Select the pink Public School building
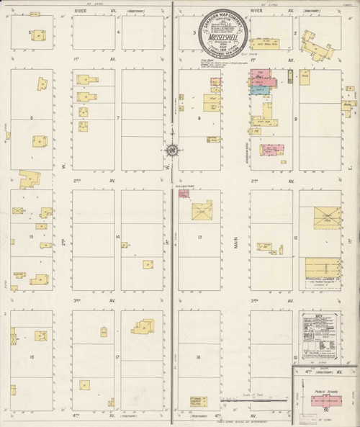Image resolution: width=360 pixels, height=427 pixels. tap(325, 398)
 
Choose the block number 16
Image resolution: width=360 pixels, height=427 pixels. tap(32, 356)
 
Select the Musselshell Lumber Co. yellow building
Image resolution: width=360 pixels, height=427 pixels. tap(317, 268)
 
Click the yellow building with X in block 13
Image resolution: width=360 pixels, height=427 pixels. tap(202, 211)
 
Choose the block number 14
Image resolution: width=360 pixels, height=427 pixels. tap(117, 236)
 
